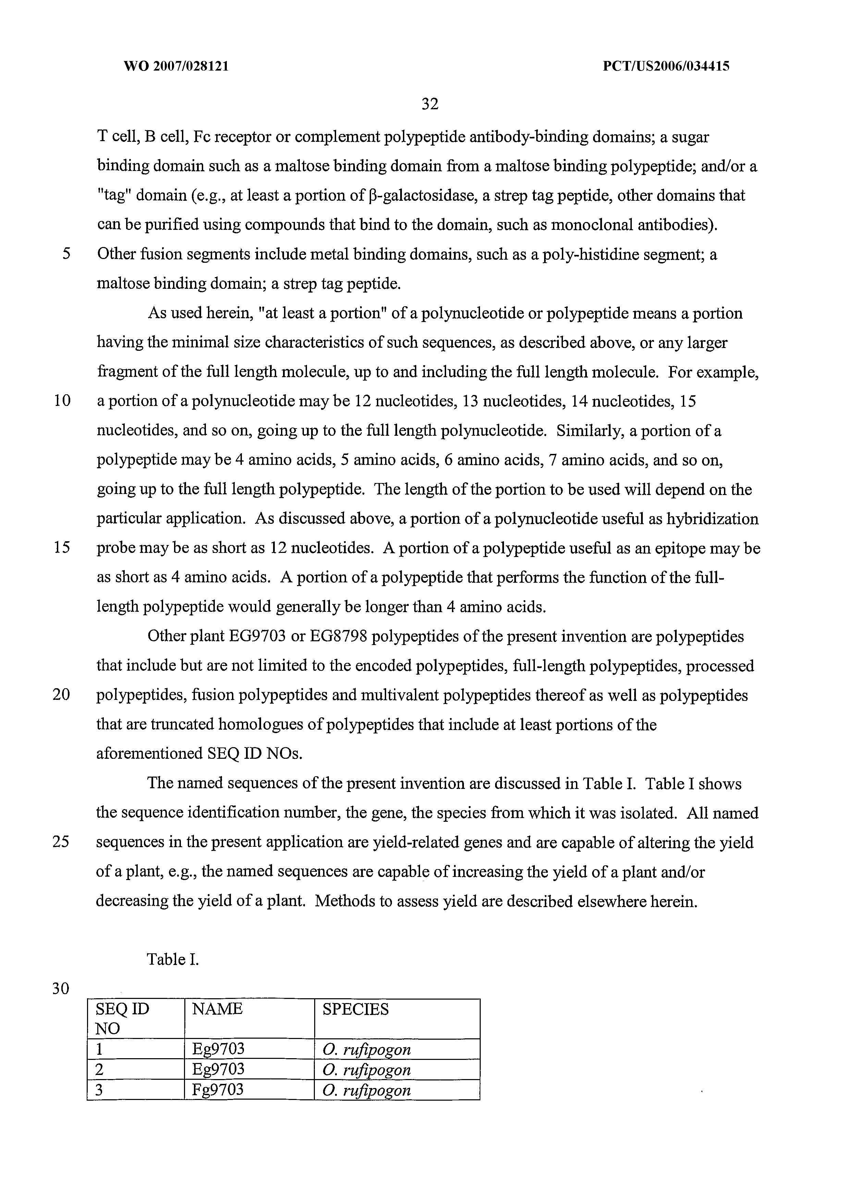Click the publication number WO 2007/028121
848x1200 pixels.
(176, 66)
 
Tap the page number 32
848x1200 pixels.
(429, 104)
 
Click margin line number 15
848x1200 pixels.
(62, 548)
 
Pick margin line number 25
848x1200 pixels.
(61, 842)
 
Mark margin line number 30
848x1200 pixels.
(61, 988)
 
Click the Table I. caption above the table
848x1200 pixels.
(173, 959)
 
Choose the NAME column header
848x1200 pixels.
(218, 1009)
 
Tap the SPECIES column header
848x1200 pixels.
(356, 1009)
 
